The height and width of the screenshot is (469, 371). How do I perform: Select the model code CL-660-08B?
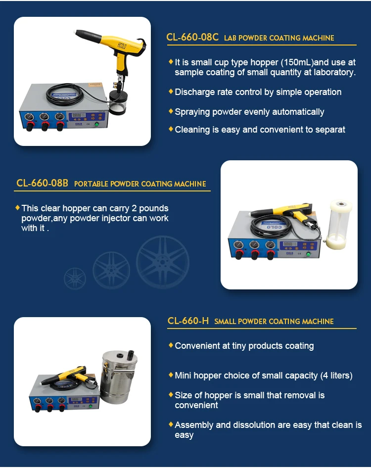pyautogui.click(x=42, y=183)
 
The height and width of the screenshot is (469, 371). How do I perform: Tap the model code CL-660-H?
pyautogui.click(x=188, y=321)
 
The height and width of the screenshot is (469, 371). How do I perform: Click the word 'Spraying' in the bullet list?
pyautogui.click(x=192, y=112)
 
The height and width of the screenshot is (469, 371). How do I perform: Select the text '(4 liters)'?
pyautogui.click(x=336, y=375)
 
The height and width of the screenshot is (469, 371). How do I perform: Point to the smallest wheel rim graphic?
pyautogui.click(x=75, y=279)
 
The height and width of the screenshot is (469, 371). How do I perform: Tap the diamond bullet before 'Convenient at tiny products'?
pyautogui.click(x=171, y=345)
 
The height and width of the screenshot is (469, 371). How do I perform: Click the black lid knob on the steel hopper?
pyautogui.click(x=132, y=355)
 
